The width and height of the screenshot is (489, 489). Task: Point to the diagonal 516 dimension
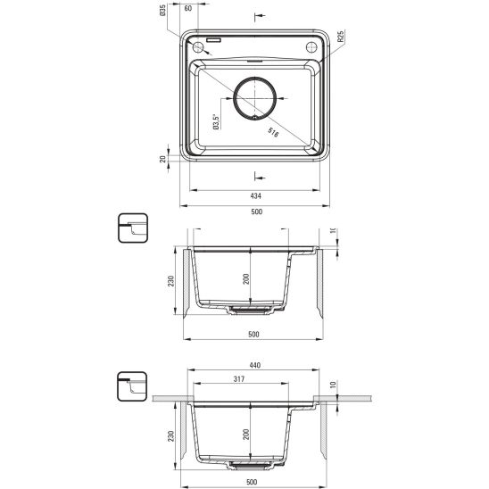(x=273, y=132)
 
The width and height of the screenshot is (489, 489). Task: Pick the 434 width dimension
(x=254, y=196)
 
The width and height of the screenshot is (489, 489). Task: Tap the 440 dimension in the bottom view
(x=254, y=366)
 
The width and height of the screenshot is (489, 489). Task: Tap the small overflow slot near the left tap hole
(x=216, y=40)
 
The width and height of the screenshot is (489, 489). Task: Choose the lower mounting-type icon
(x=131, y=387)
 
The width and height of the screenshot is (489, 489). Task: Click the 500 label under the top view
(x=254, y=212)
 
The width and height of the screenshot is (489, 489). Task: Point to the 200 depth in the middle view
(x=245, y=280)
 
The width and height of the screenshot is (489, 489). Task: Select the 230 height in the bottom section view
(x=169, y=438)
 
